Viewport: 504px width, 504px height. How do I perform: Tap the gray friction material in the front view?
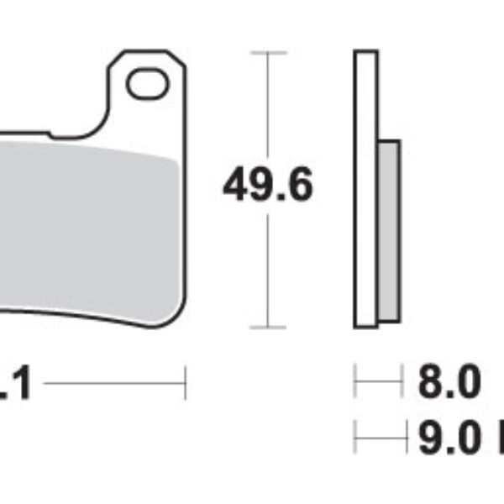point(88,227)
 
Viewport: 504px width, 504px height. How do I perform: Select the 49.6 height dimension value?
point(267,186)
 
